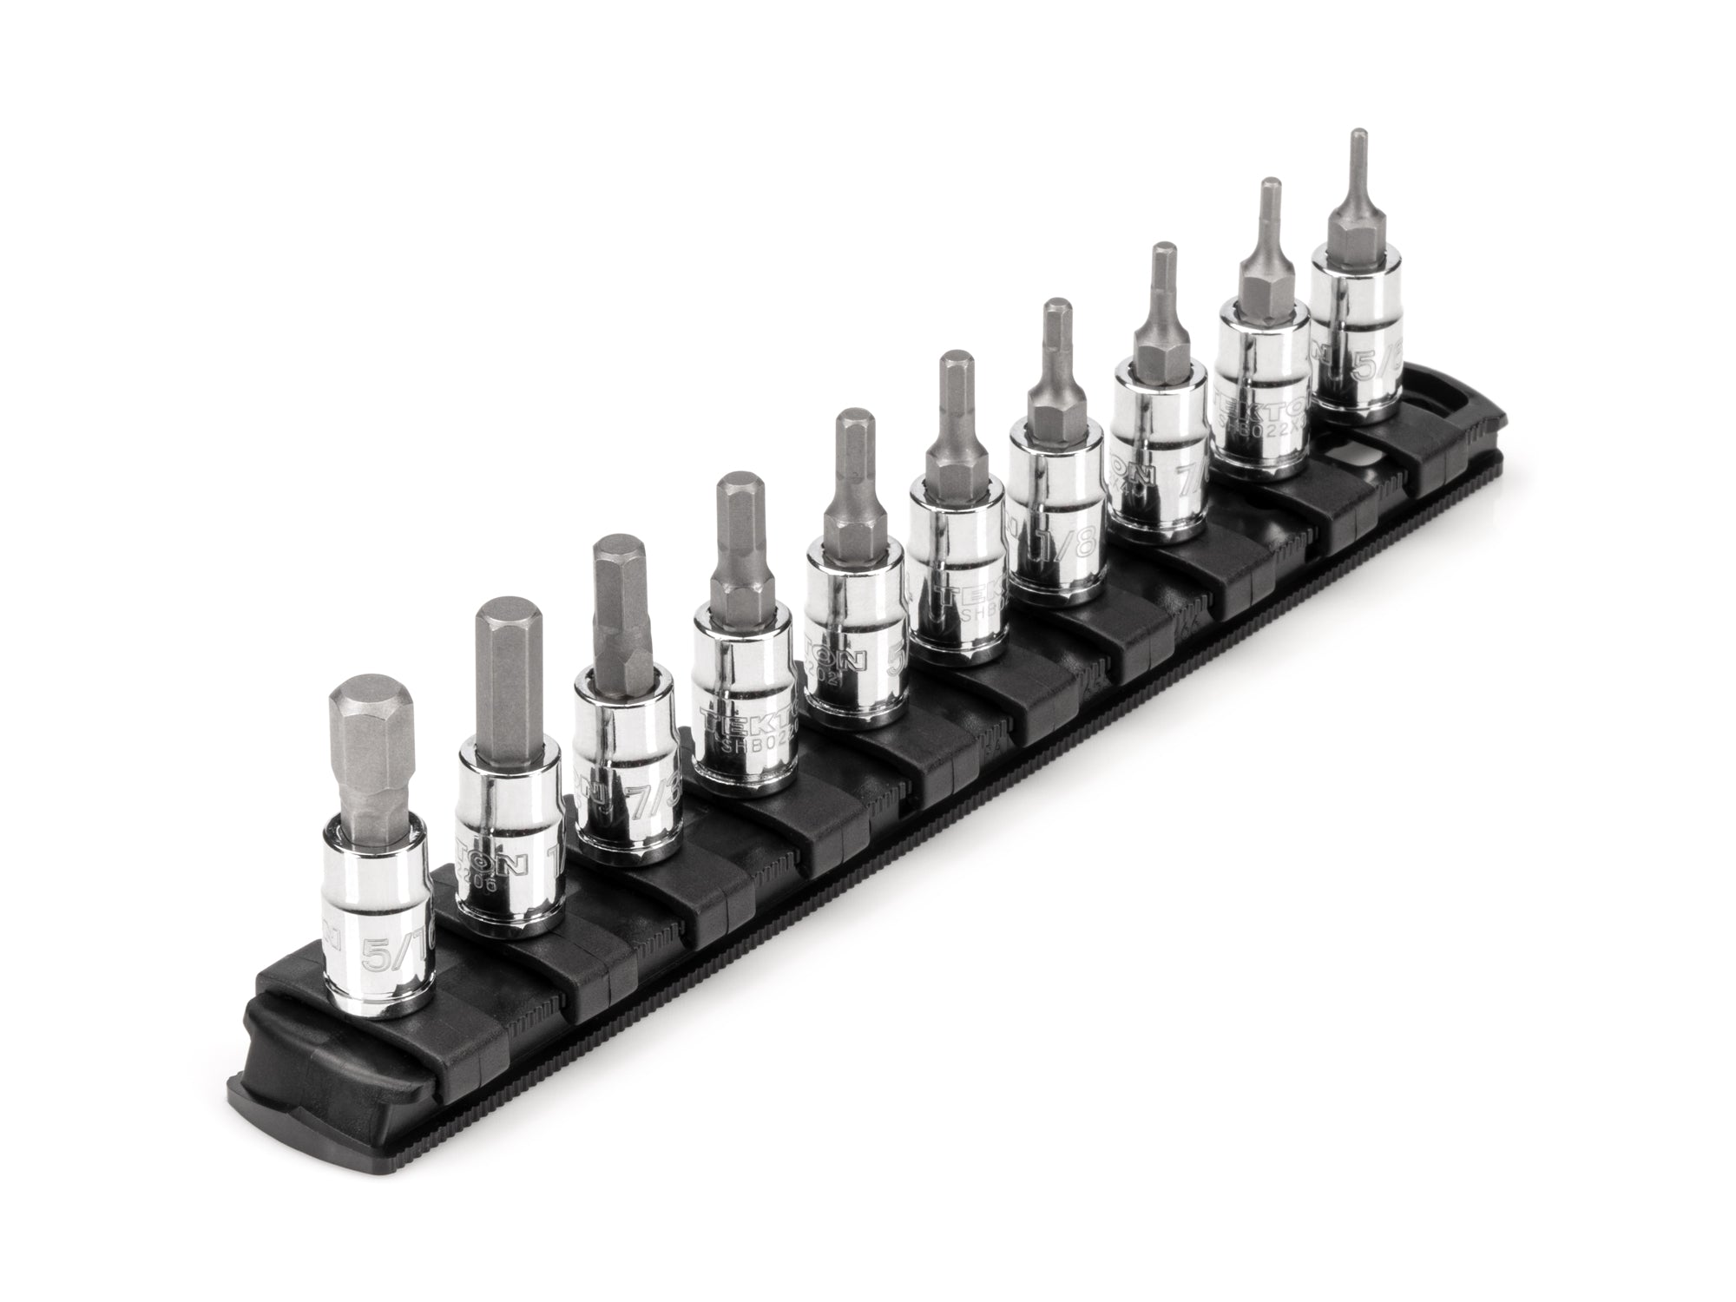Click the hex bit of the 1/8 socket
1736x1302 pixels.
(x=1054, y=382)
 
